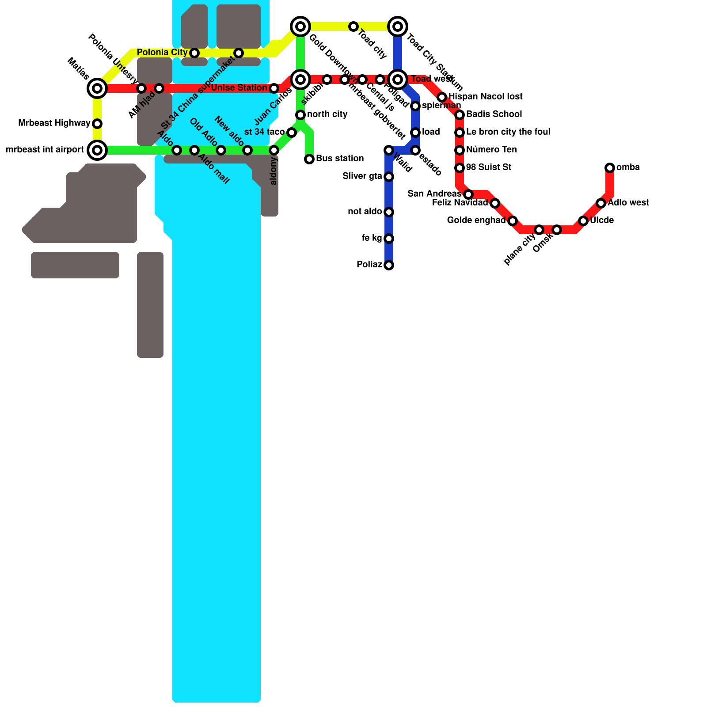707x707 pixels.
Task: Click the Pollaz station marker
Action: click(x=389, y=265)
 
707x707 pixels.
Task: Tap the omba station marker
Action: click(x=610, y=168)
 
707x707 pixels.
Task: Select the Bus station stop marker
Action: click(x=309, y=159)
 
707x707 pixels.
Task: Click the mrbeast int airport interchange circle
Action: click(x=97, y=150)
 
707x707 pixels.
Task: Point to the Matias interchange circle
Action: click(x=97, y=88)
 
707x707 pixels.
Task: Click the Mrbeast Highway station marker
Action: click(x=97, y=124)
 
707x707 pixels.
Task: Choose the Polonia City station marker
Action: click(x=194, y=53)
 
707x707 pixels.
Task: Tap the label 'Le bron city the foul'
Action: click(x=508, y=132)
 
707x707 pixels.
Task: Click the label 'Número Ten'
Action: click(x=491, y=150)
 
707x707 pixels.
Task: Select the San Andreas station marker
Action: click(x=468, y=194)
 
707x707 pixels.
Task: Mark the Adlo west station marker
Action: click(x=601, y=203)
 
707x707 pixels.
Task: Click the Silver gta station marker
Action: click(x=389, y=177)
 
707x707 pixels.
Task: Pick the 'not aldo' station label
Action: click(x=365, y=212)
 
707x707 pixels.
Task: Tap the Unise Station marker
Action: click(x=274, y=88)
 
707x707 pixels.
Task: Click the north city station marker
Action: click(x=300, y=115)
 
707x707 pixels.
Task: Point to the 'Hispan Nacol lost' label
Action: click(x=486, y=97)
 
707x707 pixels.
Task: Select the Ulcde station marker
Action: click(x=583, y=221)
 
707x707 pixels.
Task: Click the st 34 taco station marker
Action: click(x=292, y=133)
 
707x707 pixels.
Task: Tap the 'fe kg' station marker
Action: click(x=389, y=239)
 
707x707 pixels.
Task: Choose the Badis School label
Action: click(x=494, y=114)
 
